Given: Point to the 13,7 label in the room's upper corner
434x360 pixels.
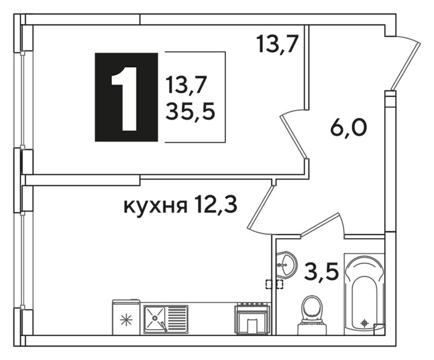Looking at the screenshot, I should pos(276,43).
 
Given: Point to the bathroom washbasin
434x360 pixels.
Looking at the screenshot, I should pos(285,264).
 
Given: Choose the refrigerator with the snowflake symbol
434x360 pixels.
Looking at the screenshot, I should pos(126,318).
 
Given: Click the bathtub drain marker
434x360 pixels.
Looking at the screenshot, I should pos(364,322).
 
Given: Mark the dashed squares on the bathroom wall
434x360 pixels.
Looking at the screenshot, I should pos(275,284).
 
